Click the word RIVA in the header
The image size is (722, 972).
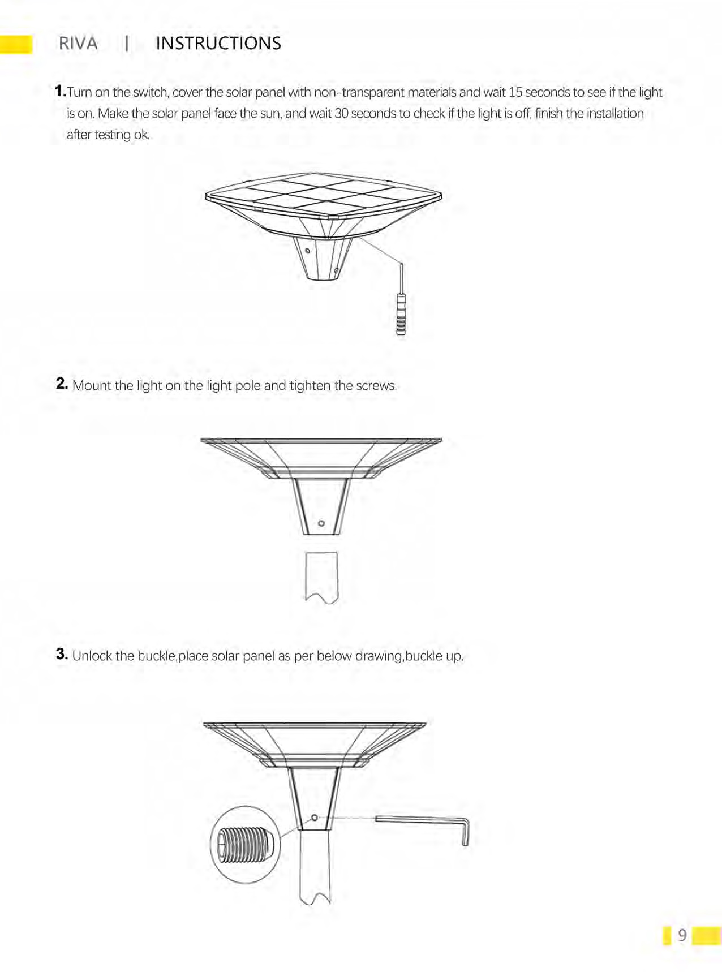[78, 44]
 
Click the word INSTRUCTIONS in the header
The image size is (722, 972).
[218, 44]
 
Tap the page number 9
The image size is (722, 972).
[682, 935]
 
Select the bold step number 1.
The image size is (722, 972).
[60, 91]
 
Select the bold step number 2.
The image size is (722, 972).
[62, 384]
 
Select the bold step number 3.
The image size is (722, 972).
[62, 655]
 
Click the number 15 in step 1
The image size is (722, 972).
[515, 92]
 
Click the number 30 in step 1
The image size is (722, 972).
[341, 114]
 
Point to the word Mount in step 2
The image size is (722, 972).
[92, 386]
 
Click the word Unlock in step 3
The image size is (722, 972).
[92, 656]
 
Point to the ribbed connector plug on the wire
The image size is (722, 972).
[401, 314]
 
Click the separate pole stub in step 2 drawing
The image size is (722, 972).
[321, 577]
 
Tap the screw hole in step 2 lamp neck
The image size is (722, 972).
[321, 523]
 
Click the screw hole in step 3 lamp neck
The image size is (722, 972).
[315, 818]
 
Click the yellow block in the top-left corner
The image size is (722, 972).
[16, 44]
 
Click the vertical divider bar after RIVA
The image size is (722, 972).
[127, 44]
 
